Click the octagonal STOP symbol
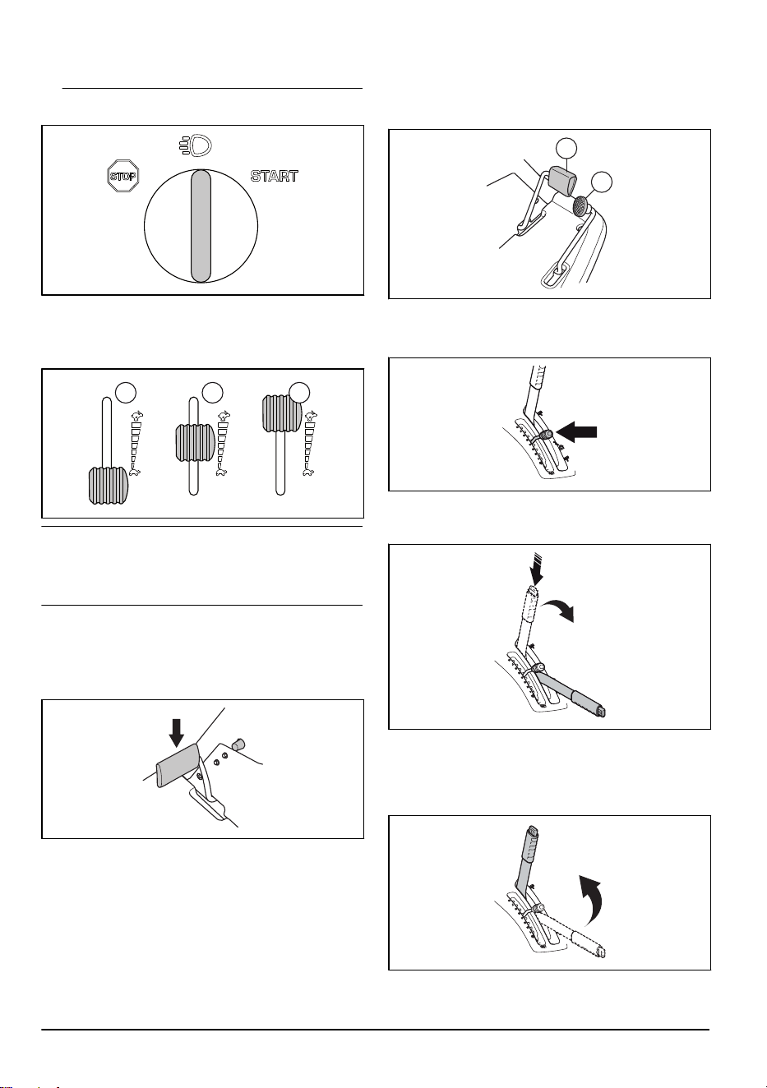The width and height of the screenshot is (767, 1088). (x=123, y=176)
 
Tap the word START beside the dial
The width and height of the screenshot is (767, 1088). (x=274, y=176)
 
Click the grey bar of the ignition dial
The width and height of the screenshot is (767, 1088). (x=201, y=226)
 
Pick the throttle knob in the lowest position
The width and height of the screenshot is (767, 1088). (x=108, y=485)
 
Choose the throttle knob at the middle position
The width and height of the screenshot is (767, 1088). (x=195, y=442)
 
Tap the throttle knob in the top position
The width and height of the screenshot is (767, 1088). (x=282, y=413)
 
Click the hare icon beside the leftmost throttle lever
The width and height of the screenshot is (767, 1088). (x=136, y=416)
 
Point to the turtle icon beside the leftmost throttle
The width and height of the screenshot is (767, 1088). (x=136, y=471)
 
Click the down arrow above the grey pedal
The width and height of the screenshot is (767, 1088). (x=177, y=733)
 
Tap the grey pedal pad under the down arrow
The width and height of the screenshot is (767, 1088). (x=176, y=764)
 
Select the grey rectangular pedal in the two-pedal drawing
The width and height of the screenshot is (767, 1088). (x=562, y=180)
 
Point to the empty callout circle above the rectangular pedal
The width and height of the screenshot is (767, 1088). (x=566, y=149)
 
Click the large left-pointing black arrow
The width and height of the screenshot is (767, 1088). (x=576, y=431)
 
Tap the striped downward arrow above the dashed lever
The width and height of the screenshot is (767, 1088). (x=536, y=569)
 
